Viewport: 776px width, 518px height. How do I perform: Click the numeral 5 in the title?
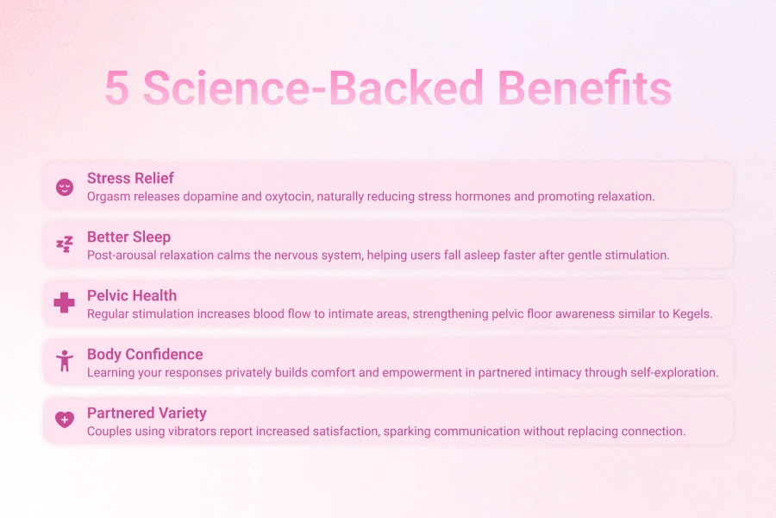[117, 88]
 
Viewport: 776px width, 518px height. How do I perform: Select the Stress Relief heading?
[130, 178]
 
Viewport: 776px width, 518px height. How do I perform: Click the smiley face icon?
[65, 186]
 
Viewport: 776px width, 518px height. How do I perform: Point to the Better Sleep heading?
[128, 237]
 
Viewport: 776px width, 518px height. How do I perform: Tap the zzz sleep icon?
[65, 245]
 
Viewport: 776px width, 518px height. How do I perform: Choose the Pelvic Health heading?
[131, 295]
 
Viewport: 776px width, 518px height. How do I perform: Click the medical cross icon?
[65, 303]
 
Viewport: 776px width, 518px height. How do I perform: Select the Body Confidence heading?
[145, 354]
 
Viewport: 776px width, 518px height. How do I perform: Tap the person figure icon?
[65, 362]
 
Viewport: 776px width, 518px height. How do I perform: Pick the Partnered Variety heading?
[147, 413]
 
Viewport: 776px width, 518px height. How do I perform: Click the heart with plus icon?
[65, 420]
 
